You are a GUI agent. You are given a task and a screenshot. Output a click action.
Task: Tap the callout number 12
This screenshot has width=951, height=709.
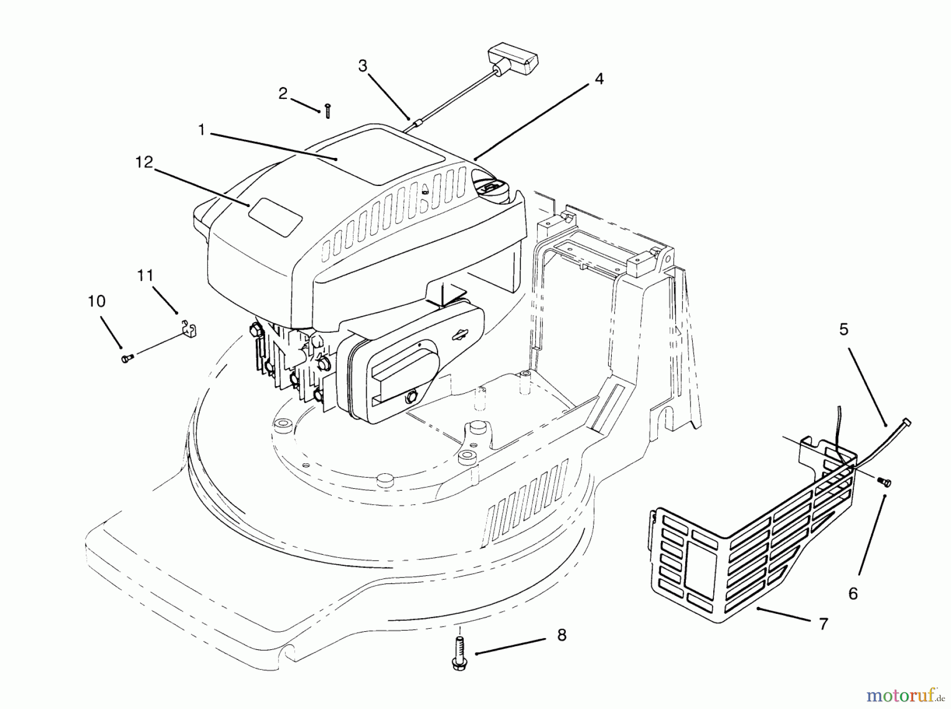[144, 162]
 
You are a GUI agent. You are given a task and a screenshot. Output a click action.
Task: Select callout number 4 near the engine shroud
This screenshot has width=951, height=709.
[598, 79]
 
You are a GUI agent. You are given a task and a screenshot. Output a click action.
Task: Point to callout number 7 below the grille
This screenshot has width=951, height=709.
[823, 624]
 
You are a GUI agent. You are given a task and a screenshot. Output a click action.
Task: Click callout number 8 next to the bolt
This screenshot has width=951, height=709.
[562, 635]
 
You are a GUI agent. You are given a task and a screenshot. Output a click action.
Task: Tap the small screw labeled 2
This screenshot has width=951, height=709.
[328, 111]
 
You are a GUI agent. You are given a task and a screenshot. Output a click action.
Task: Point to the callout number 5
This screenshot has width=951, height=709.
[844, 330]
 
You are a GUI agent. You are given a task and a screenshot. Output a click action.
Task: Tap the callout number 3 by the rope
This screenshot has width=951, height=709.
[362, 66]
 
